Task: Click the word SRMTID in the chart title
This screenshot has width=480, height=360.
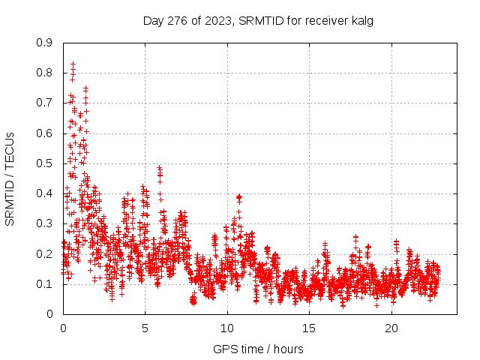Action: click(x=259, y=20)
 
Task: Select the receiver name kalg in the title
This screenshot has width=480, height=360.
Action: click(x=361, y=20)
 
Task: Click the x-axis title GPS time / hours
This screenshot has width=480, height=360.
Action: click(x=258, y=349)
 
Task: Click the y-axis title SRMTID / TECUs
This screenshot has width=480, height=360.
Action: click(x=10, y=178)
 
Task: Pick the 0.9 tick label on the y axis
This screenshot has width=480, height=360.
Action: click(x=45, y=43)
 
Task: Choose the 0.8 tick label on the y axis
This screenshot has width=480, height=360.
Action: click(x=45, y=73)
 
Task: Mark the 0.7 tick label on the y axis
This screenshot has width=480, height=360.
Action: click(x=45, y=103)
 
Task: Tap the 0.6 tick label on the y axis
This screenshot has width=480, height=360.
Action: click(x=45, y=133)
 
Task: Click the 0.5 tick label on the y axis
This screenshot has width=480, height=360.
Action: click(x=45, y=163)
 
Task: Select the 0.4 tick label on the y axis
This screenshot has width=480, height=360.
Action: click(x=45, y=193)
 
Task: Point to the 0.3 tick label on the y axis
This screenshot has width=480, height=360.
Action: click(x=45, y=223)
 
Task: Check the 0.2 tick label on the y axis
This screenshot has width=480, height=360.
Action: click(x=45, y=253)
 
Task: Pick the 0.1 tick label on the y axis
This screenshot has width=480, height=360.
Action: click(x=45, y=283)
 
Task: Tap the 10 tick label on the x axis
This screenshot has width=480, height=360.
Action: click(x=227, y=328)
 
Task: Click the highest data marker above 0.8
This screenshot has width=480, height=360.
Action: click(x=73, y=64)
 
